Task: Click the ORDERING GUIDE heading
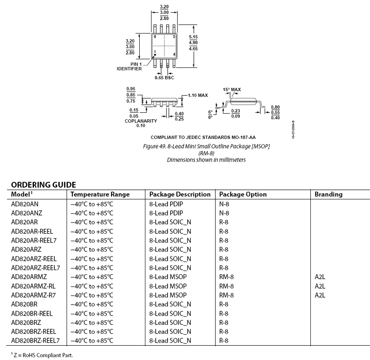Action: coord(44,185)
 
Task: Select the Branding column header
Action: coord(328,195)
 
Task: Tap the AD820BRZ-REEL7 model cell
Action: coord(35,340)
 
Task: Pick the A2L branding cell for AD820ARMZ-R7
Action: coord(320,295)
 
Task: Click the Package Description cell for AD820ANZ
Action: coord(167,213)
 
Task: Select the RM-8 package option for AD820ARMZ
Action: coord(226,277)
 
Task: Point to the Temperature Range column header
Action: coord(100,195)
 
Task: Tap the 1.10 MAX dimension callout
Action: coord(198,95)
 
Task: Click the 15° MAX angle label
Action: coord(232,90)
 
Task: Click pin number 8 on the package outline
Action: coord(155,37)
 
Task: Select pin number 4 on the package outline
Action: coord(174,54)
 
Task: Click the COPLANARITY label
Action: coord(140,121)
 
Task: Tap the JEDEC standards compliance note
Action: coord(203,138)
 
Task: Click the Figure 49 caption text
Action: coord(206,146)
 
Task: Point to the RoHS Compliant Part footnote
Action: coord(41,356)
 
